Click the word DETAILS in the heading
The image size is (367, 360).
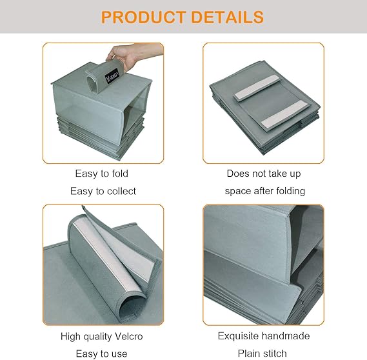coord(227,17)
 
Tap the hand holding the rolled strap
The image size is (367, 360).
coord(131,55)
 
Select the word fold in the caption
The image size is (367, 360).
coord(120,174)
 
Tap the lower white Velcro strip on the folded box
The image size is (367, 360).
coord(284,114)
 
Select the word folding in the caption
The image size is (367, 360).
coord(291,191)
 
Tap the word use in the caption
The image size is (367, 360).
coord(119,354)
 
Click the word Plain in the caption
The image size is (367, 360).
coord(247,354)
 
